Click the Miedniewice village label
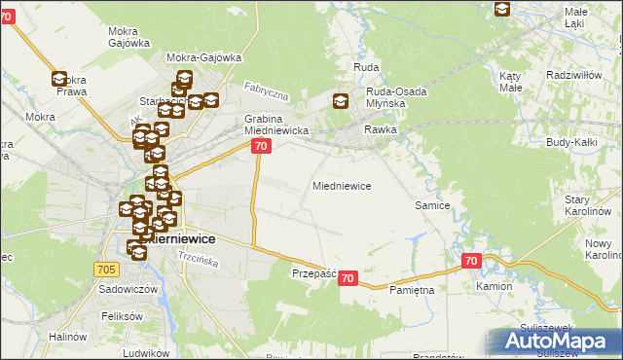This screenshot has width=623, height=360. pyautogui.click(x=341, y=185)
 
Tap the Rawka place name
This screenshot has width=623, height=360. pyautogui.click(x=382, y=129)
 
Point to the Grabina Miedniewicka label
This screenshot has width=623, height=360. pyautogui.click(x=275, y=124)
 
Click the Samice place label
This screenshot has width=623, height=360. pyautogui.click(x=431, y=205)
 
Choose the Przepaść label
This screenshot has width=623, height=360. pyautogui.click(x=313, y=274)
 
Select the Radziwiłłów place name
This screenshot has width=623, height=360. pyautogui.click(x=576, y=74)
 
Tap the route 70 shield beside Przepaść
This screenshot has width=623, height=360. pyautogui.click(x=349, y=278)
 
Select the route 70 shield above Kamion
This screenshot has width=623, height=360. pyautogui.click(x=471, y=261)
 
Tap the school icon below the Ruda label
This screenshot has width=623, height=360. pyautogui.click(x=340, y=100)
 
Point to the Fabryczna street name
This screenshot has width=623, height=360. pyautogui.click(x=267, y=92)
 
